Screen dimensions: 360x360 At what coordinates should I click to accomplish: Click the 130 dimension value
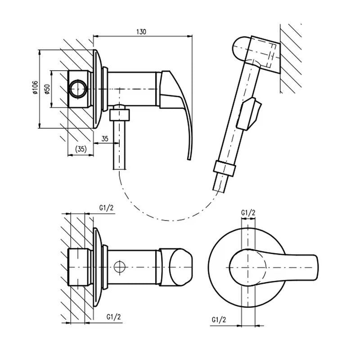click(x=141, y=31)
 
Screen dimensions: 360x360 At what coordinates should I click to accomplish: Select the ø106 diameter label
click(x=35, y=87)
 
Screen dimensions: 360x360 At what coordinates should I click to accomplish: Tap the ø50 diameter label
click(x=47, y=89)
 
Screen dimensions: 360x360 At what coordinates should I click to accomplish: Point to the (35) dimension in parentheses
click(x=81, y=149)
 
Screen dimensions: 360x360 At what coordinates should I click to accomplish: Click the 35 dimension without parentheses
click(x=105, y=139)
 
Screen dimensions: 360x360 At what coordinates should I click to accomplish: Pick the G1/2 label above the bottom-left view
click(x=106, y=208)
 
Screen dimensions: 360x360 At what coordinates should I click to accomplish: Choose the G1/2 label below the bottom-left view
click(x=113, y=317)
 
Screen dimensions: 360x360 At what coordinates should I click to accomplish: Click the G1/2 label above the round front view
click(x=248, y=213)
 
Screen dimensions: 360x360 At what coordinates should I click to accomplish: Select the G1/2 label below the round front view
click(x=219, y=319)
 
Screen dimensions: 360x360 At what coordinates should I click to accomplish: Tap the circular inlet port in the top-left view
click(x=78, y=89)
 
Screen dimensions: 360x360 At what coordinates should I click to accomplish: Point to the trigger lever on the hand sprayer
click(x=249, y=113)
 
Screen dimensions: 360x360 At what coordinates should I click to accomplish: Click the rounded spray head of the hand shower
click(x=240, y=49)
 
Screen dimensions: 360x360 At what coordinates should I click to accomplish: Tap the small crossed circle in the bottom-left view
click(x=120, y=267)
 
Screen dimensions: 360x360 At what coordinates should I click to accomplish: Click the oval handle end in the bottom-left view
click(x=180, y=267)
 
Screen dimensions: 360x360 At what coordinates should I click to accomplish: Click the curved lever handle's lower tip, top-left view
click(x=189, y=158)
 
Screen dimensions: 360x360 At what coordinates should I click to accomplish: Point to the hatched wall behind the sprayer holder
click(x=291, y=58)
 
